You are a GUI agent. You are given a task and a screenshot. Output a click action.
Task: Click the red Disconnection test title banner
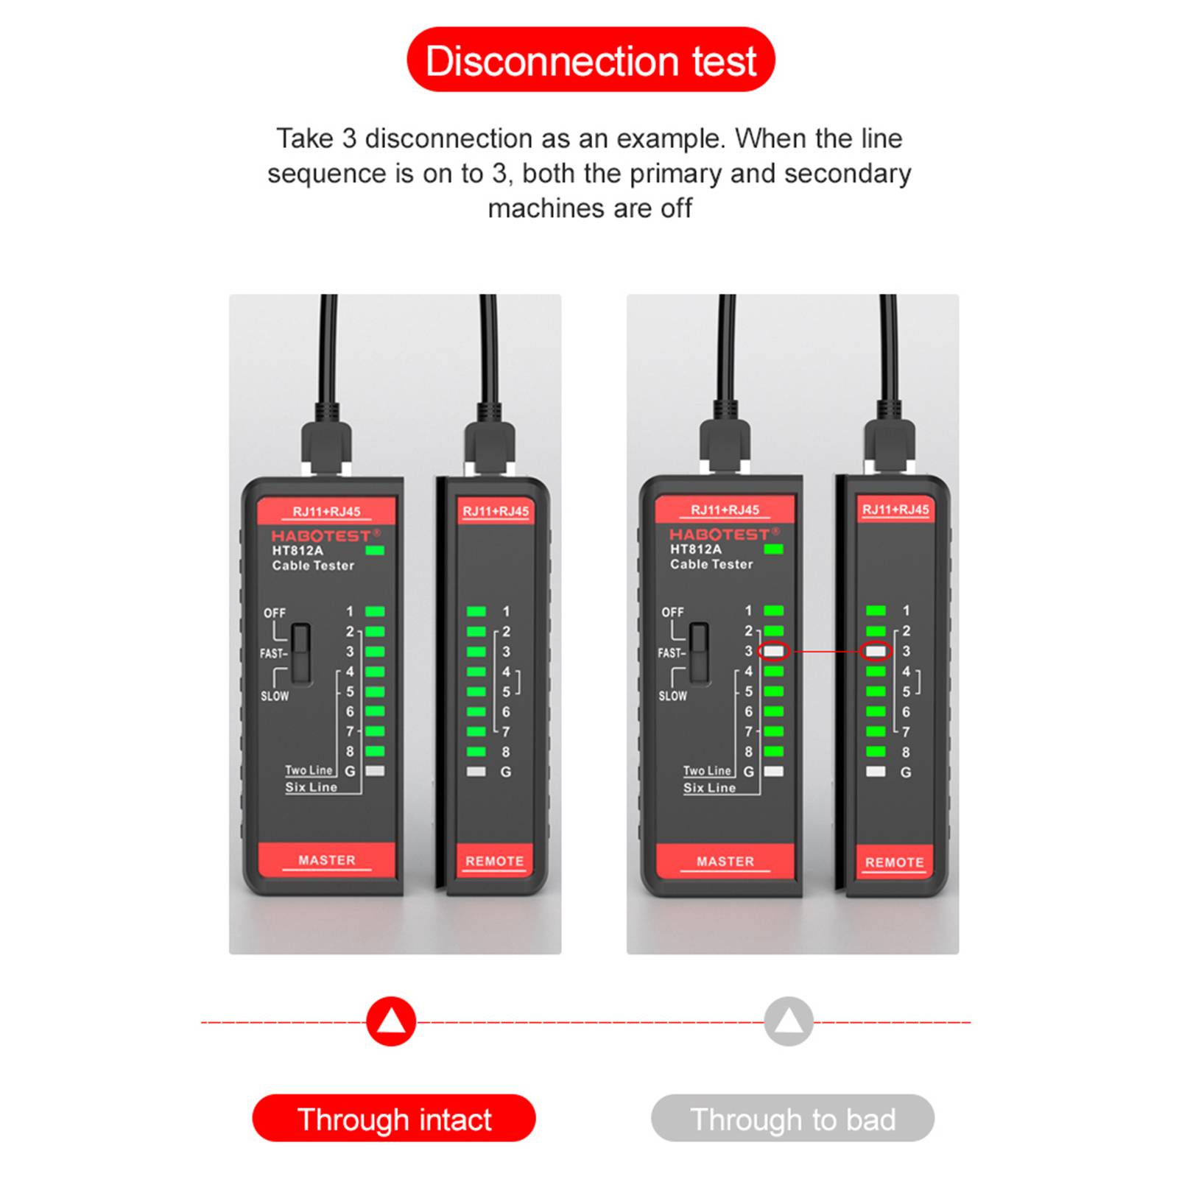pos(591,60)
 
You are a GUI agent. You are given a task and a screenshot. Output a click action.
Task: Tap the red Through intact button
pos(394,1118)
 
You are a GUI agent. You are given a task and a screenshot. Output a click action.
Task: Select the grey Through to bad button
pos(792,1118)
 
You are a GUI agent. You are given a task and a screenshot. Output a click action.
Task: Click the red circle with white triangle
pos(391,1021)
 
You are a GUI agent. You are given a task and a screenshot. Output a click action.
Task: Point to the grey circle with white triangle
pos(789,1021)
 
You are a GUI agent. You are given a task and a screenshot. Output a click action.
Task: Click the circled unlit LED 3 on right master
pos(773,651)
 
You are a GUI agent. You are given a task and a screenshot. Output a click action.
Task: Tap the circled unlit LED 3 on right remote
pos(876,651)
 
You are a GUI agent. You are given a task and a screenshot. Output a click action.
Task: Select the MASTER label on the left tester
pos(327,860)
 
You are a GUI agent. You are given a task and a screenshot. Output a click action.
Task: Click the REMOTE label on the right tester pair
pos(894,862)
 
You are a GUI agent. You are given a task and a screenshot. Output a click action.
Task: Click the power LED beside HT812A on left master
pos(374,550)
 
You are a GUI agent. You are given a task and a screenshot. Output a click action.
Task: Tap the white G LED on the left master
pos(375,771)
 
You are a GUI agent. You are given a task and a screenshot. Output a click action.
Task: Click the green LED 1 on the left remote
pos(476,611)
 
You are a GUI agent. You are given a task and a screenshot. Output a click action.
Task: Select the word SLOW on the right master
pos(672,696)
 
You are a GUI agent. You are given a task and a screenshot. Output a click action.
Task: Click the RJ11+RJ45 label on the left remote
pos(496,511)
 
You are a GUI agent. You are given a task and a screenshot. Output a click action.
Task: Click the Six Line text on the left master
pos(312,787)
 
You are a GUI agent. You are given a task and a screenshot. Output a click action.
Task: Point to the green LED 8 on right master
pos(773,751)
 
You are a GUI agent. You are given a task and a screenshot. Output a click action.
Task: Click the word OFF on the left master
pos(275,613)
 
